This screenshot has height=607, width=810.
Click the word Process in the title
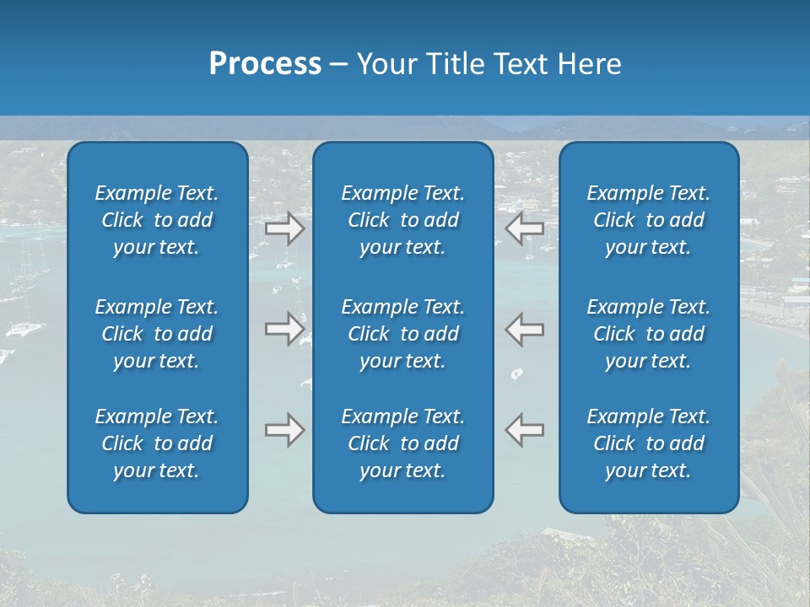coord(265,64)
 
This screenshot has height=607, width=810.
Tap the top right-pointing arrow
coord(285,228)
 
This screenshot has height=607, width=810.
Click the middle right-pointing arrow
coord(285,329)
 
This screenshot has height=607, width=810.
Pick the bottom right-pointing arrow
coord(285,430)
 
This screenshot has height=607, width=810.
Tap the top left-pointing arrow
coord(525,228)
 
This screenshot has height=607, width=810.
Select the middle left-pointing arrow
coord(525,329)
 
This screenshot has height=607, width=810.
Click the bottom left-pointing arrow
coord(525,430)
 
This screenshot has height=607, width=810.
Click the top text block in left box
coord(157,220)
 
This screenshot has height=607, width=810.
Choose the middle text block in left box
coord(157,334)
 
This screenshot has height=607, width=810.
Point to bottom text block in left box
coord(157,443)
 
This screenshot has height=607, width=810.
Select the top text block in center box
coord(402,220)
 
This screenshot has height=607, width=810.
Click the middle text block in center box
coord(402,334)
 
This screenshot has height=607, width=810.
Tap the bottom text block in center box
coord(402,443)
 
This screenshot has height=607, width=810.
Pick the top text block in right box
coord(648,220)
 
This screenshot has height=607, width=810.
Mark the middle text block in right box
coord(648,334)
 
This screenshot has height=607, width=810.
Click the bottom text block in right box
coord(648,443)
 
